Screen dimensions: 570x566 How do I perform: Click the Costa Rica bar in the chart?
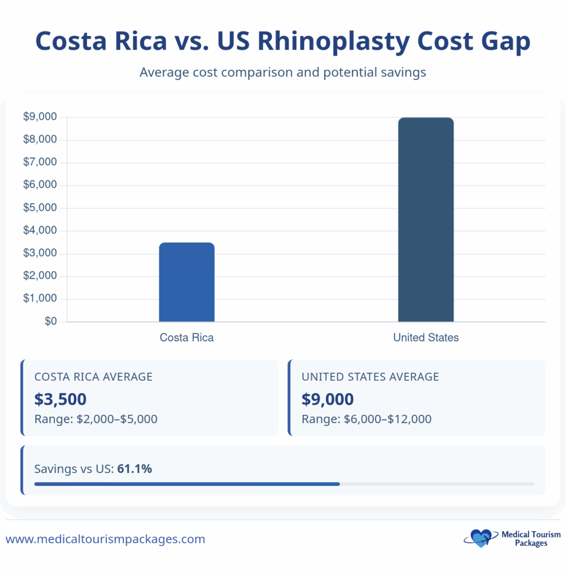point(187,282)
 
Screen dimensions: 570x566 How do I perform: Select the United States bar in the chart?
point(426,220)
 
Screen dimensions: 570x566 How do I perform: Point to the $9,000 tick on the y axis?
point(40,117)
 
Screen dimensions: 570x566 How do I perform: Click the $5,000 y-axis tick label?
point(40,208)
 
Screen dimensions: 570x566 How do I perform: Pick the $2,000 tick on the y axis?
point(40,277)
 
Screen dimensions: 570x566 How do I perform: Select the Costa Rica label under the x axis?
point(187,338)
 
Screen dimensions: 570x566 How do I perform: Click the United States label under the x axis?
point(426,338)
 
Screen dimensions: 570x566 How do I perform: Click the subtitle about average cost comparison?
point(282,72)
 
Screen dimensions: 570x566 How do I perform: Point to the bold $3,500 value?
point(60,399)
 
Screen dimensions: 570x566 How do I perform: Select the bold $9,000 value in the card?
point(328,399)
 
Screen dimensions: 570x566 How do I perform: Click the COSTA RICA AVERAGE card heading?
point(93,377)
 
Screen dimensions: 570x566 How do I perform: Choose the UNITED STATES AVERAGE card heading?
point(370,377)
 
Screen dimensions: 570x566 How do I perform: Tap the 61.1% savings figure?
point(134,469)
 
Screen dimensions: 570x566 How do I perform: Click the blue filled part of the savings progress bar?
point(187,484)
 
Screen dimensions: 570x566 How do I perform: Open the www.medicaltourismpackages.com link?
point(105,539)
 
